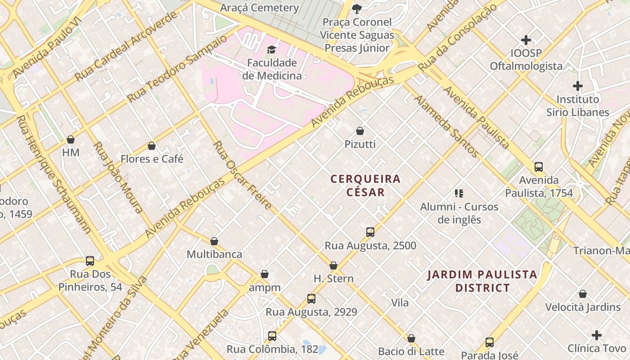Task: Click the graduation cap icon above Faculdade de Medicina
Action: tap(271, 49)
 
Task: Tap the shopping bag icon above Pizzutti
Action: tap(360, 131)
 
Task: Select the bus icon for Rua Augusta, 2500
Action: tap(370, 232)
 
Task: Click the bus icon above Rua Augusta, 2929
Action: tap(311, 298)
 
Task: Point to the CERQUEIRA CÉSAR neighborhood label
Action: tap(365, 185)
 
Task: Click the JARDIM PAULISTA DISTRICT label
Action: tap(482, 281)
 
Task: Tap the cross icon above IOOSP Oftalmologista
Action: tap(526, 40)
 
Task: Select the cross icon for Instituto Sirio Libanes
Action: tap(578, 86)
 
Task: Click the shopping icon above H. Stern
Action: tap(333, 265)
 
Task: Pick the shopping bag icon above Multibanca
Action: tap(214, 241)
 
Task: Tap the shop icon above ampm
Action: tap(265, 274)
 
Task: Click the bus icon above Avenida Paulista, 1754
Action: tap(539, 167)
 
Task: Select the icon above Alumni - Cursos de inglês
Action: tap(459, 193)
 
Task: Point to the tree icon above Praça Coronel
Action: tap(356, 9)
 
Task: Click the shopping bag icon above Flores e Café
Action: tap(152, 146)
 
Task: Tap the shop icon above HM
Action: tap(71, 139)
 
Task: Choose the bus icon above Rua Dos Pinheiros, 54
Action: tap(90, 261)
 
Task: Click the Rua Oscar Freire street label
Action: tap(242, 175)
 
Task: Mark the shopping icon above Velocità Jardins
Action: tap(583, 294)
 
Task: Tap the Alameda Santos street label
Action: tap(446, 126)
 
